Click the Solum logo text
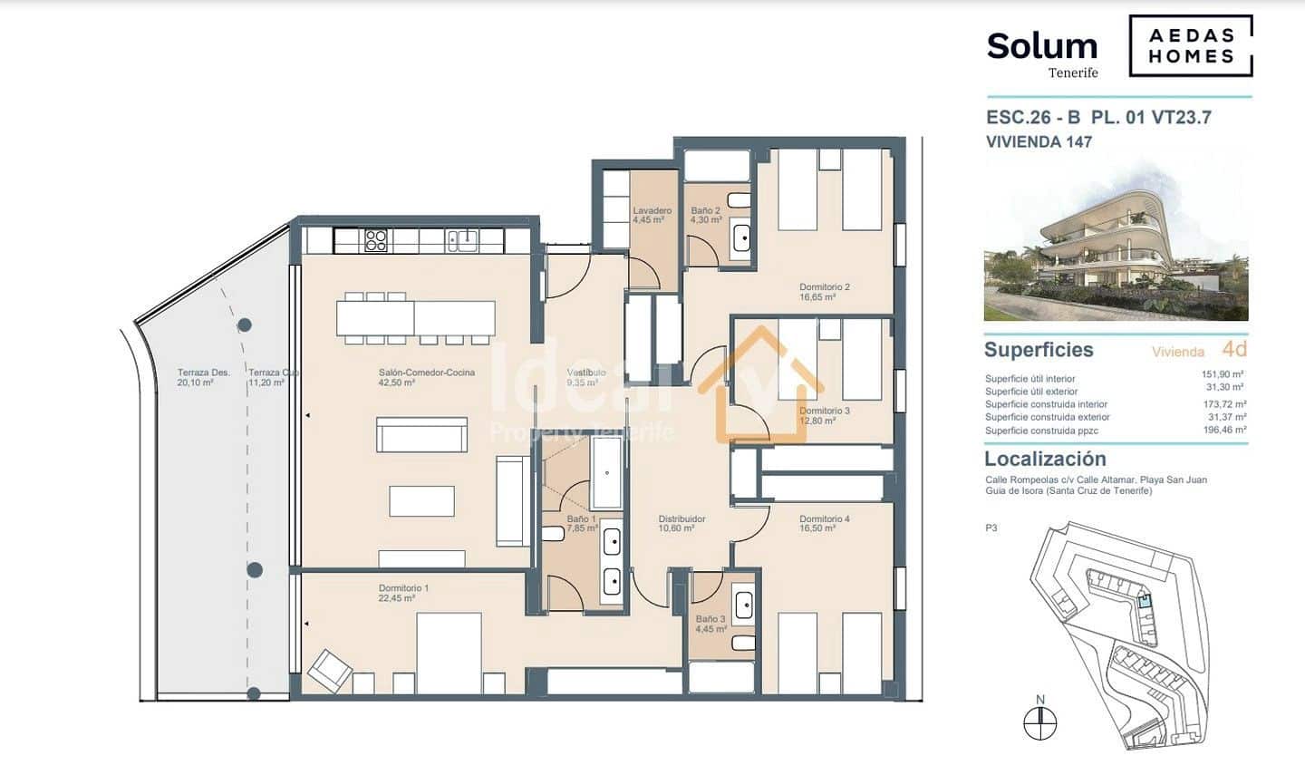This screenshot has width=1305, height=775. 1041,45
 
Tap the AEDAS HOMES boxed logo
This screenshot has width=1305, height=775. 1191,46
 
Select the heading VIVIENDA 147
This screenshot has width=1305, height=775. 1039,141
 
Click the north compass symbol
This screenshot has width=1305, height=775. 1040,722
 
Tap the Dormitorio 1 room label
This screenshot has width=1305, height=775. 403,593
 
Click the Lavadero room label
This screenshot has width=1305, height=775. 652,215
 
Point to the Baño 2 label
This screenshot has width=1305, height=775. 705,215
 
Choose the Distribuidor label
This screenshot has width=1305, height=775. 681,523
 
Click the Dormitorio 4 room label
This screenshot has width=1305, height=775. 824,523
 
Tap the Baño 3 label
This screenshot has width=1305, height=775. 710,624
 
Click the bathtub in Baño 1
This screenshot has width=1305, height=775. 606,471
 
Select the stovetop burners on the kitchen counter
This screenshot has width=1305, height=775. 376,240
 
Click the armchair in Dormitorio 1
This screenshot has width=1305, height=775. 330,672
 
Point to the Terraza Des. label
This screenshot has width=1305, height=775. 203,377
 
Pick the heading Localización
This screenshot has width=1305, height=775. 1044,459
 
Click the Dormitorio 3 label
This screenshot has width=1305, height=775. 824,415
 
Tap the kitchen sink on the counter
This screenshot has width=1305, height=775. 463,239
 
